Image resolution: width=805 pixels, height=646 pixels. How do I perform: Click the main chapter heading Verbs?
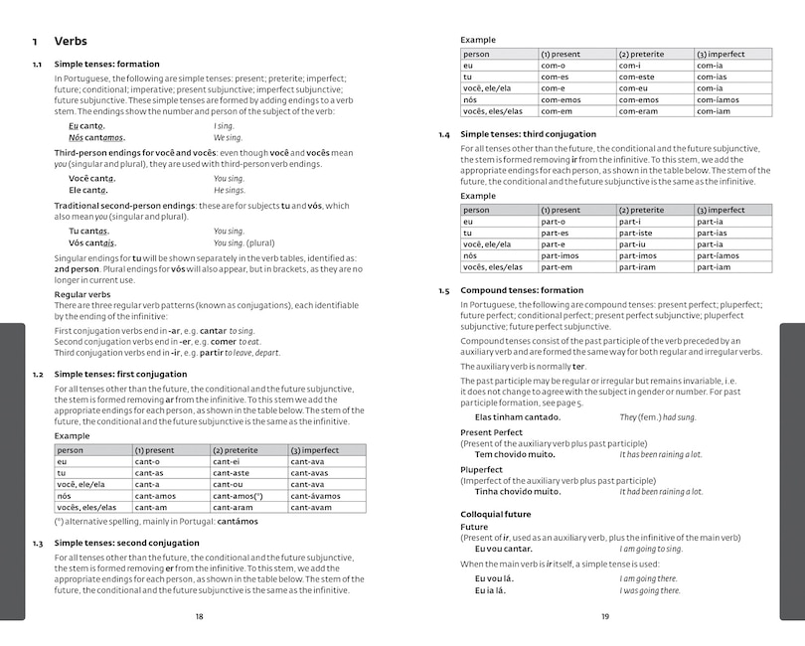pyautogui.click(x=70, y=42)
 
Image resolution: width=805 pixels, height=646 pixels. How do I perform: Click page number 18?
pyautogui.click(x=199, y=617)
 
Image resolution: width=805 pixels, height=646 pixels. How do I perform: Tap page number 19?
pyautogui.click(x=605, y=617)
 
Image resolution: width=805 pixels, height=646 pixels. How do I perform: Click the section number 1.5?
pyautogui.click(x=443, y=290)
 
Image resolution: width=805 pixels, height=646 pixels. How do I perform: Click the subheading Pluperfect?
pyautogui.click(x=482, y=469)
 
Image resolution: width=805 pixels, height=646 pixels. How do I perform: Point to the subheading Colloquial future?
pyautogui.click(x=495, y=514)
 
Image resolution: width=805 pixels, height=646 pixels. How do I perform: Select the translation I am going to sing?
pyautogui.click(x=651, y=549)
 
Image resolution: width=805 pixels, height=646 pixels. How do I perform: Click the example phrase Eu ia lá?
pyautogui.click(x=490, y=590)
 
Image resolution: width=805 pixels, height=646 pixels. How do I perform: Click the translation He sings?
pyautogui.click(x=229, y=190)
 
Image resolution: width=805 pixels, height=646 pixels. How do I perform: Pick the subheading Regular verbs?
pyautogui.click(x=82, y=294)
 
